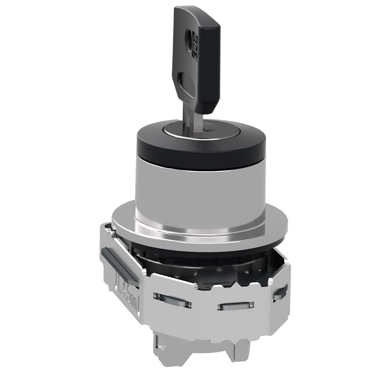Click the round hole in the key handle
(x=188, y=38)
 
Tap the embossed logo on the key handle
(x=195, y=52)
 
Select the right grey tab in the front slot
(x=235, y=305)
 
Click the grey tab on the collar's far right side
(x=280, y=292)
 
